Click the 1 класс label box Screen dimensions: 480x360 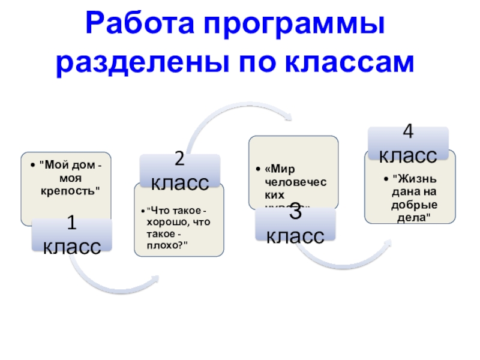click(x=71, y=236)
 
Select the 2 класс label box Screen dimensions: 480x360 click(x=179, y=170)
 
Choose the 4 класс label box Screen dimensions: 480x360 click(x=407, y=145)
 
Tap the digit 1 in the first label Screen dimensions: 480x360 click(x=71, y=224)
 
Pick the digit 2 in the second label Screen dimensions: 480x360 click(x=179, y=159)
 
